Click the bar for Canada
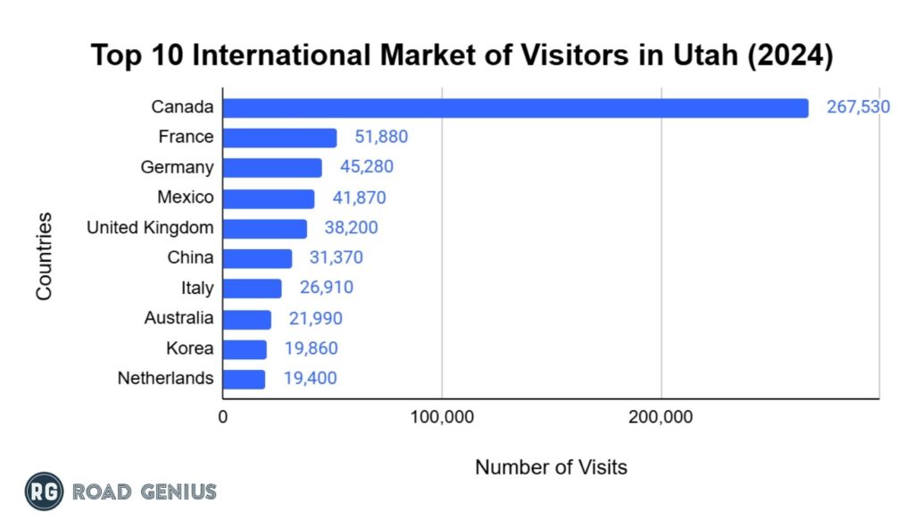[515, 108]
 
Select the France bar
[279, 138]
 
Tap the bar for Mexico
[268, 198]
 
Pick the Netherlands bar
[244, 379]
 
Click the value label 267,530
[858, 108]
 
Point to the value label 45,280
[366, 167]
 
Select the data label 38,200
[351, 228]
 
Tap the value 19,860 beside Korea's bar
[311, 348]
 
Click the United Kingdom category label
[150, 228]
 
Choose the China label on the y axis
[190, 258]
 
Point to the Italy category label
[196, 288]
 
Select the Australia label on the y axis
[179, 318]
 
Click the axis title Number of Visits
[551, 466]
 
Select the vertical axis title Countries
[44, 256]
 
